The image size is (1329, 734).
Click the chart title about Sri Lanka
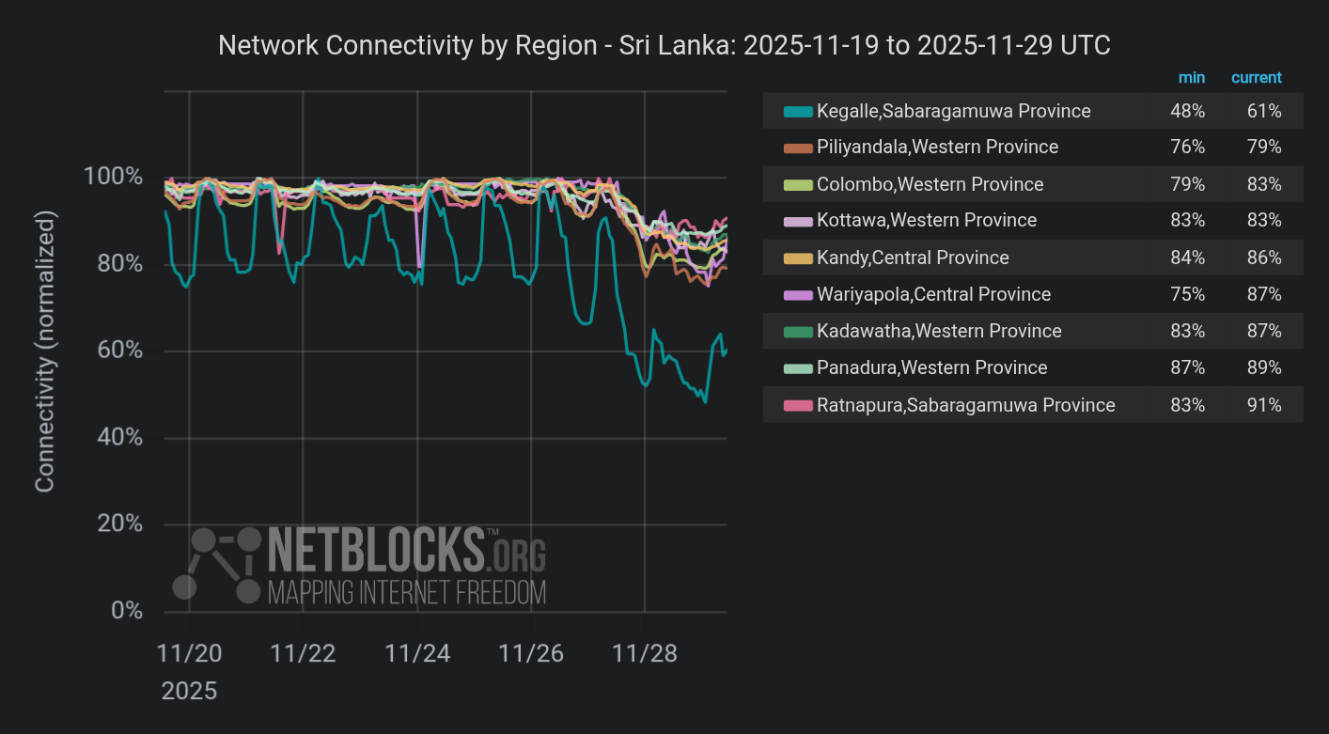tap(664, 45)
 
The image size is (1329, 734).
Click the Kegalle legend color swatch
tap(797, 112)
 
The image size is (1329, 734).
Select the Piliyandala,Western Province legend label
tap(937, 148)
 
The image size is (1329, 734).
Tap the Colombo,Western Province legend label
tap(930, 184)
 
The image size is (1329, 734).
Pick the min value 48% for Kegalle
tap(1187, 111)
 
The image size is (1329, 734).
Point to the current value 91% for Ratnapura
tap(1263, 405)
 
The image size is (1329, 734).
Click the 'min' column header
tap(1191, 78)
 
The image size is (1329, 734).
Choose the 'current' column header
tap(1256, 78)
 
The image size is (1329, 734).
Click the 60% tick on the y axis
tap(120, 351)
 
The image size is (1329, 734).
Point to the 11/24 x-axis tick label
tap(417, 654)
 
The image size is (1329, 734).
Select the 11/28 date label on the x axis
tap(646, 654)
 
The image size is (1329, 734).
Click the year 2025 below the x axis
tap(189, 692)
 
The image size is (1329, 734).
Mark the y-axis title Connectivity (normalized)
tap(45, 351)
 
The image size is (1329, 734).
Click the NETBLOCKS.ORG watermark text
tap(406, 550)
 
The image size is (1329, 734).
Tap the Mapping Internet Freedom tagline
tap(406, 593)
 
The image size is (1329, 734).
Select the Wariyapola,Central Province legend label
tap(933, 294)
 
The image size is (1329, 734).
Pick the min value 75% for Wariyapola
tap(1187, 294)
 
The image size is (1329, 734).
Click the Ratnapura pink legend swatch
tap(797, 406)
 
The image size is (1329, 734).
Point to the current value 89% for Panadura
tap(1263, 367)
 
